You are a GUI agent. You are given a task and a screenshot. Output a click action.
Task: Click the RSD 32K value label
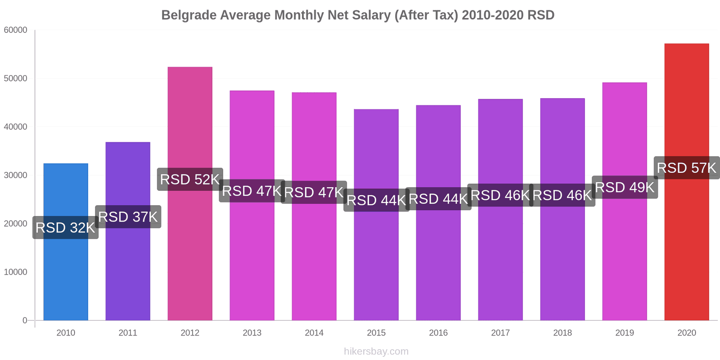(66, 228)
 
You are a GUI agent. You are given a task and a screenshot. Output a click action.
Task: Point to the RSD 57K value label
(687, 168)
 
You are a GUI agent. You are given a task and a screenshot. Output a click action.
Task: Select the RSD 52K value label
(190, 179)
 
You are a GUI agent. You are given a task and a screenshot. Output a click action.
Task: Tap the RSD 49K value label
(625, 187)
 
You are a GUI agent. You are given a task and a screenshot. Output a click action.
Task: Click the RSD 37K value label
(128, 217)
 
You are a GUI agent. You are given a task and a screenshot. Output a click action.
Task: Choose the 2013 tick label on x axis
(252, 333)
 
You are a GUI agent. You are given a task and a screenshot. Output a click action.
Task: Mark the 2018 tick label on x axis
(562, 333)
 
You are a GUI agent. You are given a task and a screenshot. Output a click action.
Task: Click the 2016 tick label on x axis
(438, 333)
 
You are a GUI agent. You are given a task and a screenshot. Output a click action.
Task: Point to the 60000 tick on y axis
(16, 30)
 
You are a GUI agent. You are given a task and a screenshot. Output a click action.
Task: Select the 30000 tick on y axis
(16, 175)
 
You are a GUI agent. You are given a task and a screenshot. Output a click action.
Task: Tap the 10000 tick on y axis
(16, 272)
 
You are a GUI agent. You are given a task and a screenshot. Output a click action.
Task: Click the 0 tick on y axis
(25, 320)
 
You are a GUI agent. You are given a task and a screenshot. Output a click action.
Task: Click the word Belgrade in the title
(189, 15)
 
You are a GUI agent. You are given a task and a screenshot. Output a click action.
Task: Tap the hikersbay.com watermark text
(376, 351)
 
